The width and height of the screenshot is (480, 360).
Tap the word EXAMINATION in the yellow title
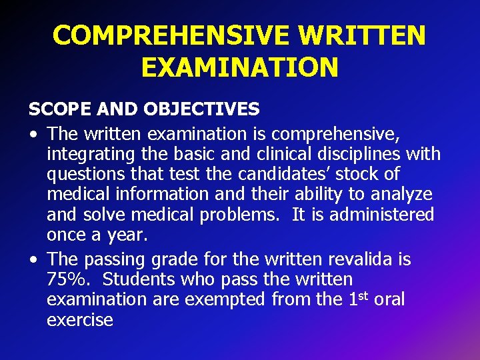(x=240, y=67)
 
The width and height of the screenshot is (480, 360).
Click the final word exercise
(x=80, y=320)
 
